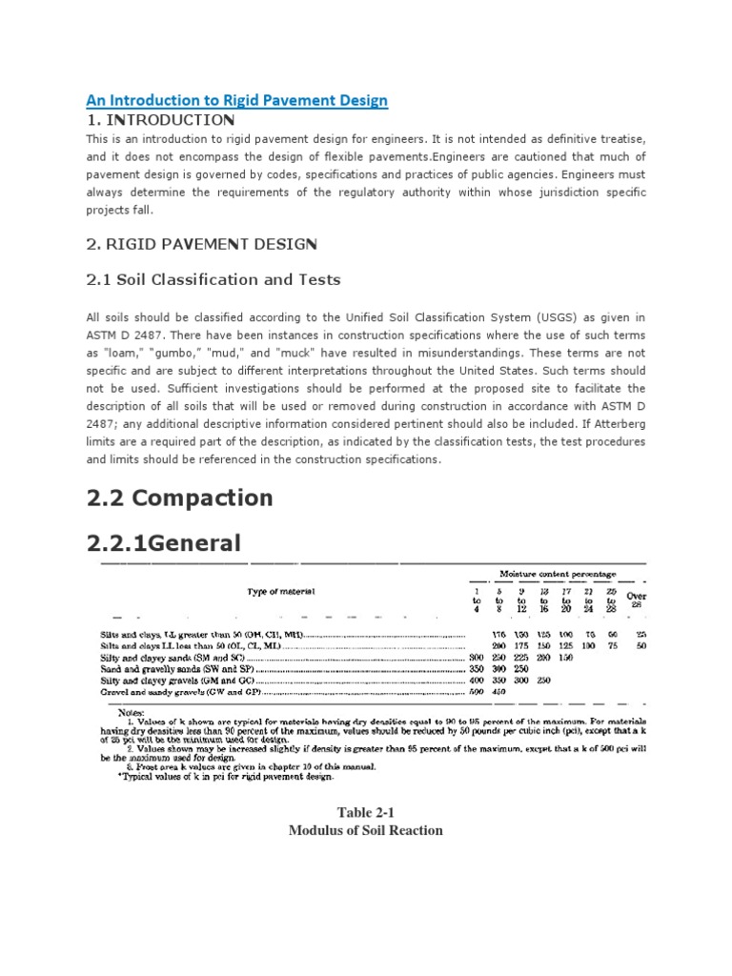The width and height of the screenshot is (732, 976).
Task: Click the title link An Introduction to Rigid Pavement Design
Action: tap(237, 100)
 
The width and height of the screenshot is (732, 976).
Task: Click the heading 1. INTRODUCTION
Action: tap(160, 120)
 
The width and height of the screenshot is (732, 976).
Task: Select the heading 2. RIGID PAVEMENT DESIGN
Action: tap(200, 244)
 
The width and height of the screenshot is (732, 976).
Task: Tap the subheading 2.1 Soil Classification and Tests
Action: tap(213, 280)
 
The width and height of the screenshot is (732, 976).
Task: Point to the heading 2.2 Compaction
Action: tap(180, 498)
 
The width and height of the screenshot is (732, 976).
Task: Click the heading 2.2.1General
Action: tap(164, 543)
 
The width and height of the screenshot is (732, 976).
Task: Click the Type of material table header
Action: tap(281, 592)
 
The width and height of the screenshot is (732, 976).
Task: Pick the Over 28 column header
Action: tap(636, 600)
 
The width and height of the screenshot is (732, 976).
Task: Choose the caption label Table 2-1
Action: tap(365, 812)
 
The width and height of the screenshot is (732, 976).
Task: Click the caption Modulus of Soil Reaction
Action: tap(365, 830)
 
